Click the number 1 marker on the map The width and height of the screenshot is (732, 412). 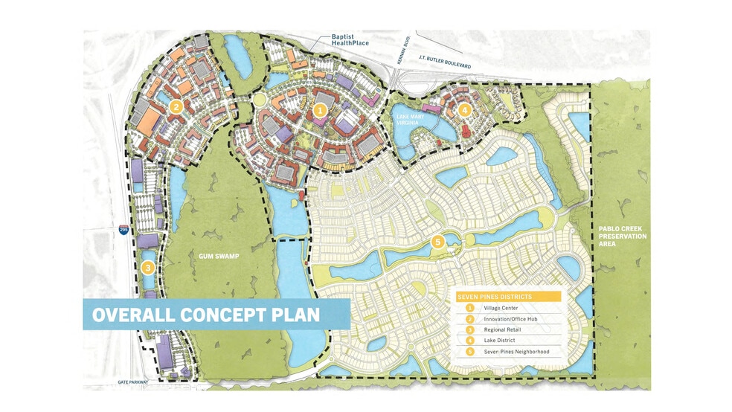tap(321, 110)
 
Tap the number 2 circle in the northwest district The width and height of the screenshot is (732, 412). tap(176, 106)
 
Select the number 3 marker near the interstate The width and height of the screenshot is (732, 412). tap(148, 268)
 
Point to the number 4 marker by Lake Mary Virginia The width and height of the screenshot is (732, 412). tap(465, 110)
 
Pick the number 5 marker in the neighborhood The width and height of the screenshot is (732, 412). tap(437, 241)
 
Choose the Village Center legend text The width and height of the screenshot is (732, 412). tap(501, 308)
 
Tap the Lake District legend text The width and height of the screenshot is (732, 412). tap(500, 340)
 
